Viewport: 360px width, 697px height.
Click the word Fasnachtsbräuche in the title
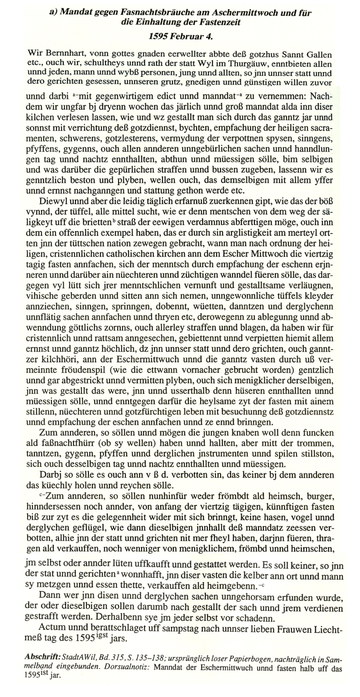click(156, 13)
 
